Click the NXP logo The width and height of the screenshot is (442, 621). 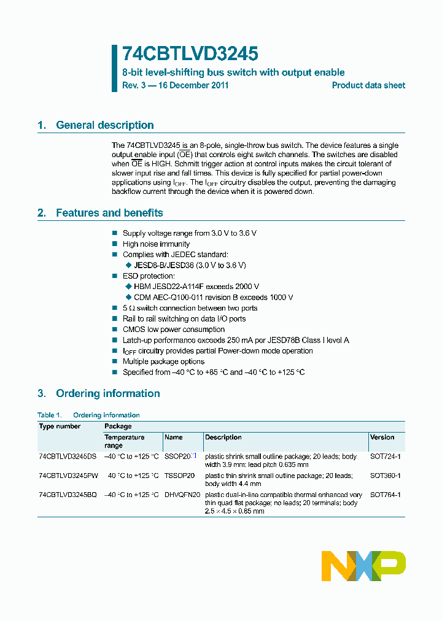363,566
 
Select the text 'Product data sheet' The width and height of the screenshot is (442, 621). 368,85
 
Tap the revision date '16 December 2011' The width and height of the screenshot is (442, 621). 193,85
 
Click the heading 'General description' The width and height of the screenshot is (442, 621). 104,125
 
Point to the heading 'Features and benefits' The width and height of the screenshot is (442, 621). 109,213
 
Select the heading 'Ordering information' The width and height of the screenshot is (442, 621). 107,393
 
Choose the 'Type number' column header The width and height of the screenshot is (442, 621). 60,426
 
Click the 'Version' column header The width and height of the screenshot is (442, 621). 382,438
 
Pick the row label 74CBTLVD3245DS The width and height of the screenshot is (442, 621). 68,457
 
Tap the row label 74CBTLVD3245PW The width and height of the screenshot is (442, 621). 68,476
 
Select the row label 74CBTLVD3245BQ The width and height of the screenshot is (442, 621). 68,495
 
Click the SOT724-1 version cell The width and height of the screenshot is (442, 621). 386,457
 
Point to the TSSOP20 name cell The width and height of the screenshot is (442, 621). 179,476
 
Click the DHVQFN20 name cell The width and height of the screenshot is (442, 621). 182,495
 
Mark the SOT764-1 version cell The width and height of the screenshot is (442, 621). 386,495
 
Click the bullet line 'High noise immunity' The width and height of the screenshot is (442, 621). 156,244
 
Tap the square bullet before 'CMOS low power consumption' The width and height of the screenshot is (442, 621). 114,330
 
